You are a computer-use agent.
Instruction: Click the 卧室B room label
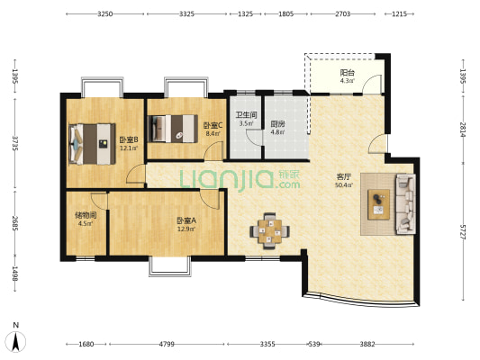click(x=129, y=139)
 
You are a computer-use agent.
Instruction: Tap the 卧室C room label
click(x=213, y=125)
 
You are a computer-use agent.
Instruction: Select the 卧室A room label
click(x=186, y=220)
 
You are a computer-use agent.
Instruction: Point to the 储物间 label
click(x=86, y=215)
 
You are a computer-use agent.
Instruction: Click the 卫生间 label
click(x=246, y=115)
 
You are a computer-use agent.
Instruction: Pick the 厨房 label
click(x=277, y=124)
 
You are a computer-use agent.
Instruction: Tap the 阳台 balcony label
click(x=348, y=73)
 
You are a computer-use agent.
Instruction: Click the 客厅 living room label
click(x=344, y=176)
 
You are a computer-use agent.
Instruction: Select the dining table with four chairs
click(x=269, y=231)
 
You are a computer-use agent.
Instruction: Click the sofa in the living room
click(x=406, y=204)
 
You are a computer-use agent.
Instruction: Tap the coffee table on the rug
click(x=378, y=204)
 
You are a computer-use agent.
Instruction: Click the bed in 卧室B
click(x=92, y=144)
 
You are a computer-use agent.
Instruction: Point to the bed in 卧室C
click(x=173, y=129)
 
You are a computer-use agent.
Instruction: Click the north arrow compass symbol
click(x=16, y=340)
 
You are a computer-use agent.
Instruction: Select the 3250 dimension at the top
click(x=105, y=13)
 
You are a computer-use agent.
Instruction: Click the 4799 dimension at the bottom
click(x=167, y=344)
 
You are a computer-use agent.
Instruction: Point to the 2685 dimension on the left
click(x=15, y=223)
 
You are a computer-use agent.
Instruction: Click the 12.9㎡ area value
click(x=186, y=229)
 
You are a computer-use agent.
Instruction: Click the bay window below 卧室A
click(x=170, y=266)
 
